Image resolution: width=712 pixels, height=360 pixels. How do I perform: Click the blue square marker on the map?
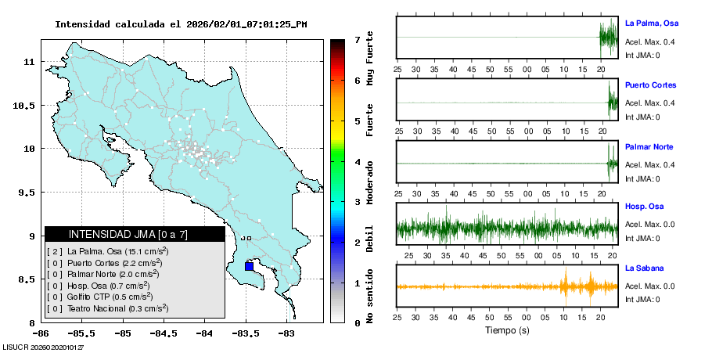point(249,266)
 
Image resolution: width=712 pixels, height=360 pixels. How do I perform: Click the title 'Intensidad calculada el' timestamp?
point(181,24)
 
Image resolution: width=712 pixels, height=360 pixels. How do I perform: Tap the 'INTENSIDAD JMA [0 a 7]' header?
point(134,234)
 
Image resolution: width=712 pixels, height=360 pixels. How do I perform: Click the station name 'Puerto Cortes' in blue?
point(650,85)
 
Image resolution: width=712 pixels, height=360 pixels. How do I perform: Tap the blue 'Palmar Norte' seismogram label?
point(649,147)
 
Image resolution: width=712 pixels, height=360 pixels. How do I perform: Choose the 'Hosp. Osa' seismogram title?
point(644,206)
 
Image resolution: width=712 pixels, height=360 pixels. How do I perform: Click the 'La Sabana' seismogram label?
point(644,268)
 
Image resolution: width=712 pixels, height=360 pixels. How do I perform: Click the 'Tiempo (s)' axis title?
point(507,330)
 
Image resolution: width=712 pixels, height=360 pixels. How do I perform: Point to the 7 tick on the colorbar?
point(357,40)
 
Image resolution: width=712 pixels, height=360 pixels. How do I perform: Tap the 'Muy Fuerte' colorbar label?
point(369,59)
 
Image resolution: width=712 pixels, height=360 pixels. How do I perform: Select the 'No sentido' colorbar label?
point(369,297)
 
